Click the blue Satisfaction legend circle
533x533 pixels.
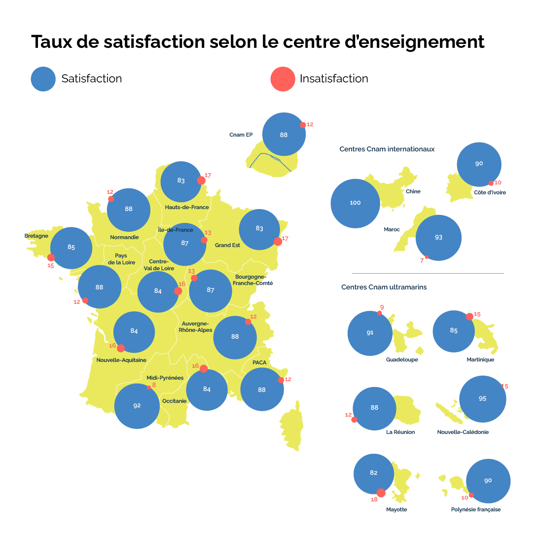[43, 79]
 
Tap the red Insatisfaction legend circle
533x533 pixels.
[283, 79]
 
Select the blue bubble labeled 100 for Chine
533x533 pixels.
[355, 203]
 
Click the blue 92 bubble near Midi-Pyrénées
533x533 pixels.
[137, 406]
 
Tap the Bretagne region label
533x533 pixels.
[36, 236]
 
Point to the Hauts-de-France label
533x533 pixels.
[187, 208]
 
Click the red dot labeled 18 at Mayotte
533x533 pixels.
[381, 493]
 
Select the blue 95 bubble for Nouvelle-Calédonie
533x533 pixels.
[482, 399]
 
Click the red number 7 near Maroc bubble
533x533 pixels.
[422, 260]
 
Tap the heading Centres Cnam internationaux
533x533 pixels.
[387, 149]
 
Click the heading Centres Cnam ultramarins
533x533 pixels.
[384, 287]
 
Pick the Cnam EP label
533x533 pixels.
[241, 135]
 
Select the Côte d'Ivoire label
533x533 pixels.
[490, 193]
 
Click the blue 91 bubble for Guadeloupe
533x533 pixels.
[370, 333]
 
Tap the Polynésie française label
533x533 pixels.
[475, 509]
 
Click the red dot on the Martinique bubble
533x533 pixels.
[469, 317]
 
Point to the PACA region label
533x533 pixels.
[259, 362]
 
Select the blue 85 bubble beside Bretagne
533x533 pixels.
[71, 248]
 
